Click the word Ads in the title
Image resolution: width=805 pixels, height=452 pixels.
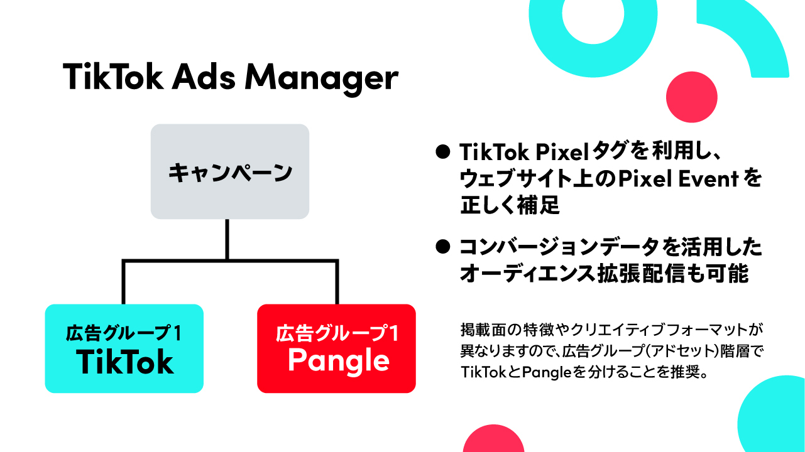[204, 77]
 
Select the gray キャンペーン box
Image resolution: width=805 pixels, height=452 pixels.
[230, 171]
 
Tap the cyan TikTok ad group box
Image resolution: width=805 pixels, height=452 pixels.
[124, 348]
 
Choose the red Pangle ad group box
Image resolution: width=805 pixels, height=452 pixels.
[336, 348]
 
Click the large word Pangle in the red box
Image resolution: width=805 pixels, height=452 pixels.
[339, 362]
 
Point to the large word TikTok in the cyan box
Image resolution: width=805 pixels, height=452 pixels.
[124, 362]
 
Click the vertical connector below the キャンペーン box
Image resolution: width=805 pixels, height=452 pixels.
[227, 239]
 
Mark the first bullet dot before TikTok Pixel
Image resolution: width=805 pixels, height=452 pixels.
[443, 152]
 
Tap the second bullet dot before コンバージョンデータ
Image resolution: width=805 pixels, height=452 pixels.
[443, 247]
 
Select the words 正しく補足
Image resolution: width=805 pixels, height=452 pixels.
[510, 205]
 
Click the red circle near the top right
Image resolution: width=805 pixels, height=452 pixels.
[692, 97]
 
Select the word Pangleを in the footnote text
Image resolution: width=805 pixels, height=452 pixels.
[555, 372]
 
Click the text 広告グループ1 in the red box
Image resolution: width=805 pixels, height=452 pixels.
[337, 333]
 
